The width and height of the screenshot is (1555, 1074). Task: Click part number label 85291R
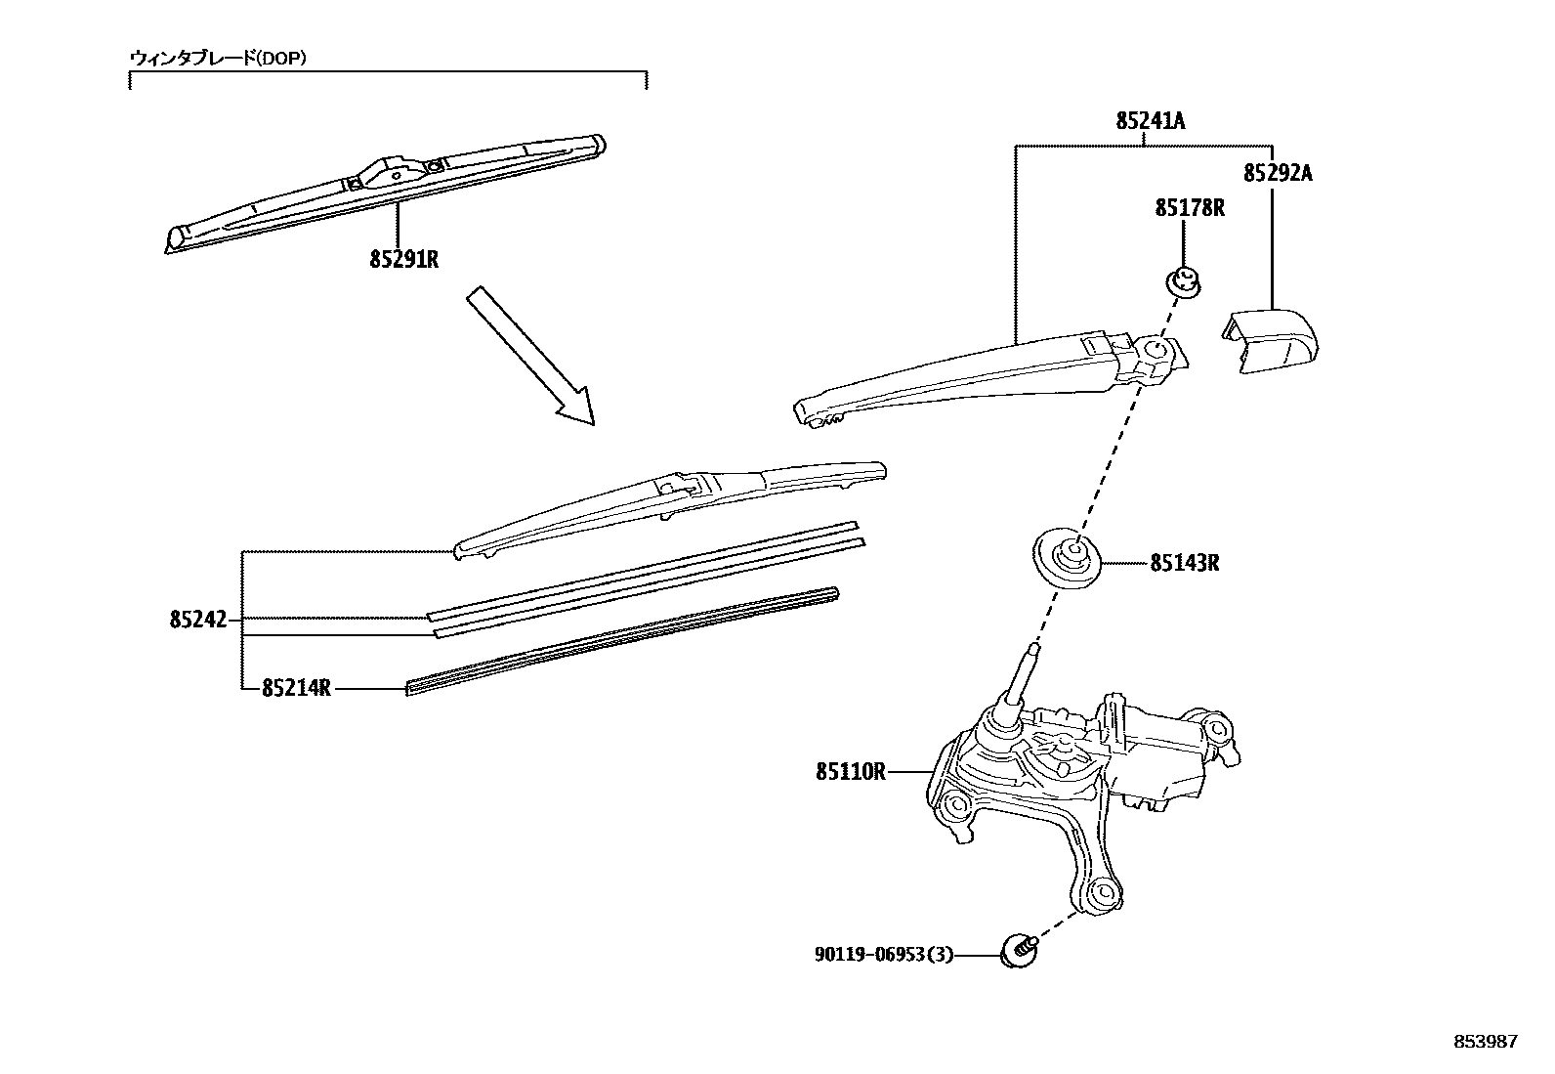click(x=403, y=260)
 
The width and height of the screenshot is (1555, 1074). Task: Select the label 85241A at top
click(x=1151, y=121)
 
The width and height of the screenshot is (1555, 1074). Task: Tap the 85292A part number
click(x=1278, y=173)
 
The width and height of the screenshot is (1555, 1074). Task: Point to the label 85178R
click(x=1190, y=207)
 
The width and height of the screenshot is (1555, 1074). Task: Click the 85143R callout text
click(x=1184, y=563)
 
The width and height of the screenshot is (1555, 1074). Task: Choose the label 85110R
click(x=851, y=771)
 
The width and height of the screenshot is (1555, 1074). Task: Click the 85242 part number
click(x=197, y=620)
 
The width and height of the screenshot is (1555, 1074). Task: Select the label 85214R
click(x=296, y=688)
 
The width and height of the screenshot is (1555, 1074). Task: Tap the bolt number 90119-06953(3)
click(x=883, y=954)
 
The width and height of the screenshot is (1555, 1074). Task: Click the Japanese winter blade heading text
click(x=219, y=58)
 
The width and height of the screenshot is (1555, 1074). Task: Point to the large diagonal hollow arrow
click(x=530, y=355)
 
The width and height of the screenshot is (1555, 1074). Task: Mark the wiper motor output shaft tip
click(x=1033, y=647)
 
